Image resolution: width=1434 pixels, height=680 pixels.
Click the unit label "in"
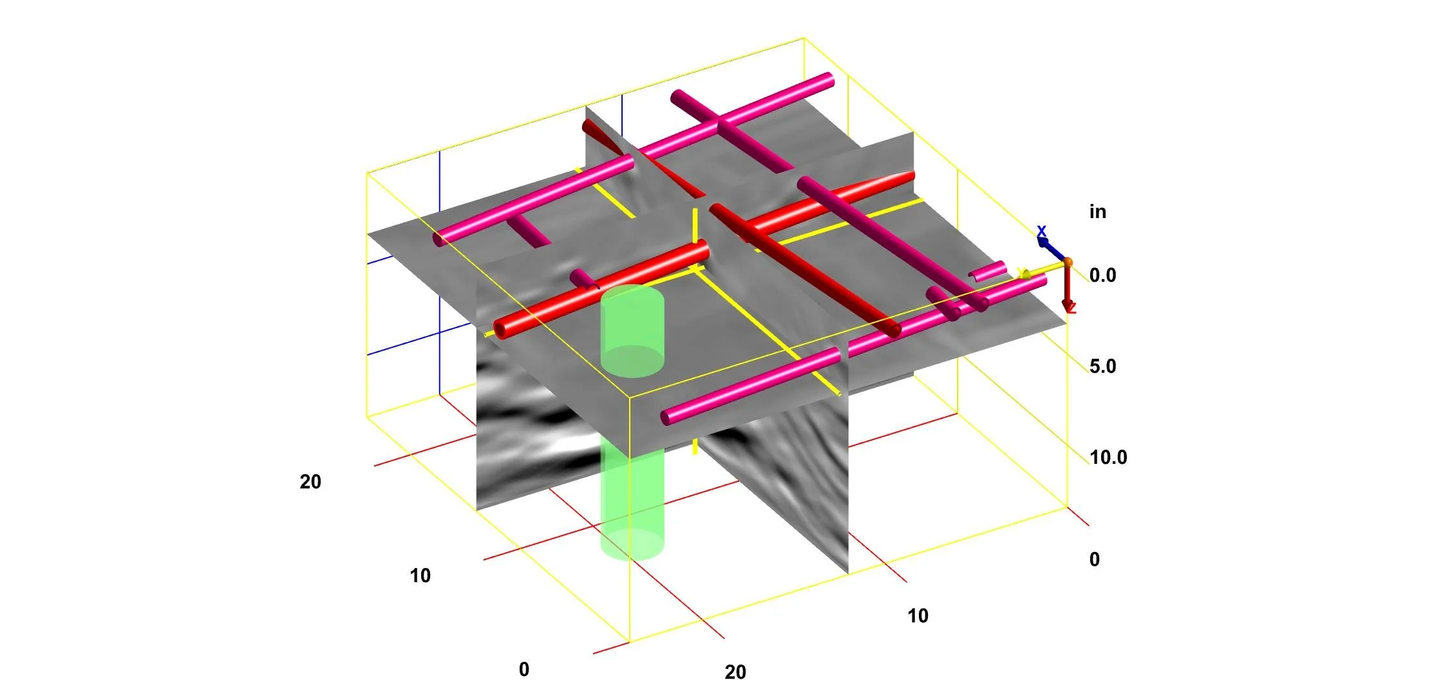[1097, 212]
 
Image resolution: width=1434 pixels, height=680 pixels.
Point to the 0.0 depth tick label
[1102, 275]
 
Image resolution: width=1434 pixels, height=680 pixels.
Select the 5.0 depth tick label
[1102, 366]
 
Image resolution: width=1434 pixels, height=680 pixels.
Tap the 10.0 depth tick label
[1108, 457]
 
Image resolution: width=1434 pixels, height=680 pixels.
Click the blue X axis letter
[1041, 230]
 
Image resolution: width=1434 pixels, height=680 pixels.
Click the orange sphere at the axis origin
[1068, 262]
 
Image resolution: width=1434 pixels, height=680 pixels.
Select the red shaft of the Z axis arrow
[1067, 283]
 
